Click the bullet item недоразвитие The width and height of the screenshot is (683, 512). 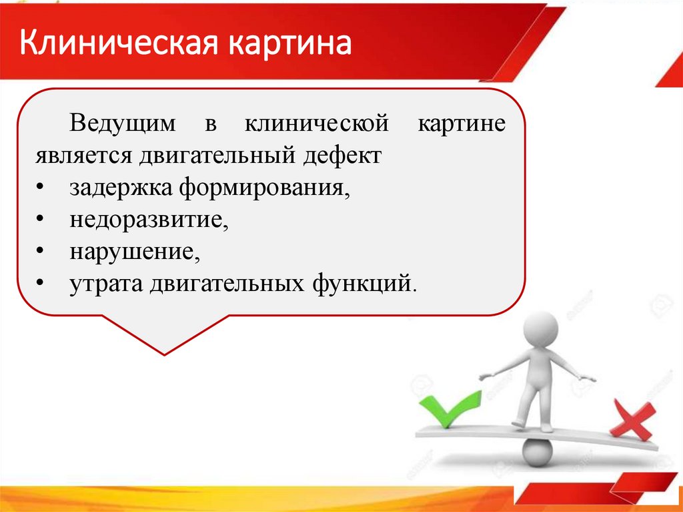click(149, 220)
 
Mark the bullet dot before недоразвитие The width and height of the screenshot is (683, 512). click(41, 220)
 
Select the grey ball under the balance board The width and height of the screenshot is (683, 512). click(538, 453)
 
